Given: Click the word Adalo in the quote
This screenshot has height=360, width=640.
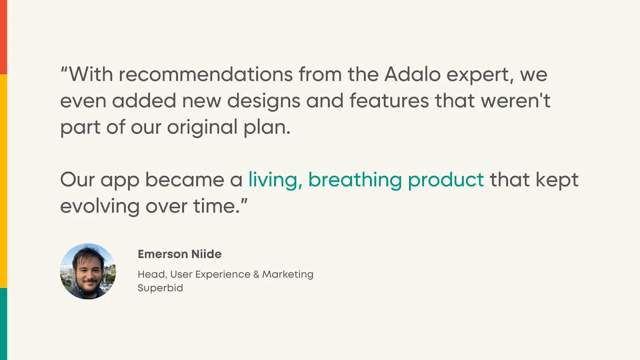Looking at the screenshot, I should (412, 74).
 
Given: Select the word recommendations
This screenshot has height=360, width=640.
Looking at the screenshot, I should (206, 74).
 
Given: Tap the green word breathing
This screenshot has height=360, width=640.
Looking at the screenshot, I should (355, 180).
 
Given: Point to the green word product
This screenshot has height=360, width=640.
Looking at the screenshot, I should (446, 180).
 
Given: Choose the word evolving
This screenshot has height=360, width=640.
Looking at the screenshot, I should (100, 206).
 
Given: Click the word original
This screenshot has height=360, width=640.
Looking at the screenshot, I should (202, 128).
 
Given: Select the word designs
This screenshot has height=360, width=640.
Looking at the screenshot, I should (263, 101).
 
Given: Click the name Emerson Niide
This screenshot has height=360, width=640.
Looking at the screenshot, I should (180, 254).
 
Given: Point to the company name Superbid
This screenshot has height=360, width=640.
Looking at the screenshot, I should (160, 288).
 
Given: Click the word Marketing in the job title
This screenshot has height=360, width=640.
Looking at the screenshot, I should (288, 274).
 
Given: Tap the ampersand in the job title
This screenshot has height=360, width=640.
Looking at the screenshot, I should (256, 274).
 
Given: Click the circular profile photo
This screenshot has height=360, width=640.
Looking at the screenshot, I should (88, 271).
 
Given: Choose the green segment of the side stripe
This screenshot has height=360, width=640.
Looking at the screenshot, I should (3, 324).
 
